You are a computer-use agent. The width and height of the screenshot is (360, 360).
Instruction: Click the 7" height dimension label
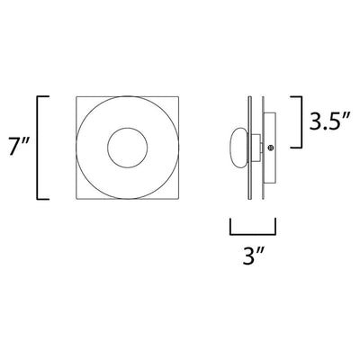[x=18, y=147]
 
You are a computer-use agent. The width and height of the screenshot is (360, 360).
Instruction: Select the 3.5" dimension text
[x=329, y=121]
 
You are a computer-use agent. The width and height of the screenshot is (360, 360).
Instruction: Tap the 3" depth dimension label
[x=253, y=256]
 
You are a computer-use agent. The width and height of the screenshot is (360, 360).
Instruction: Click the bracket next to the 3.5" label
[x=300, y=121]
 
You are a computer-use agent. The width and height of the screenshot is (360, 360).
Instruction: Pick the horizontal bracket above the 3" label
[x=253, y=234]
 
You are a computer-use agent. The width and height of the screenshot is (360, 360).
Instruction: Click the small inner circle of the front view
[x=128, y=128]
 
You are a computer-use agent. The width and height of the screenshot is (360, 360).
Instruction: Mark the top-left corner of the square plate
[x=76, y=96]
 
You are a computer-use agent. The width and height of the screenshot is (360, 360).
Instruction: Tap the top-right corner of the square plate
[x=179, y=96]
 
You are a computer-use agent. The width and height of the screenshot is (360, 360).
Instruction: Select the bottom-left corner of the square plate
[x=76, y=199]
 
